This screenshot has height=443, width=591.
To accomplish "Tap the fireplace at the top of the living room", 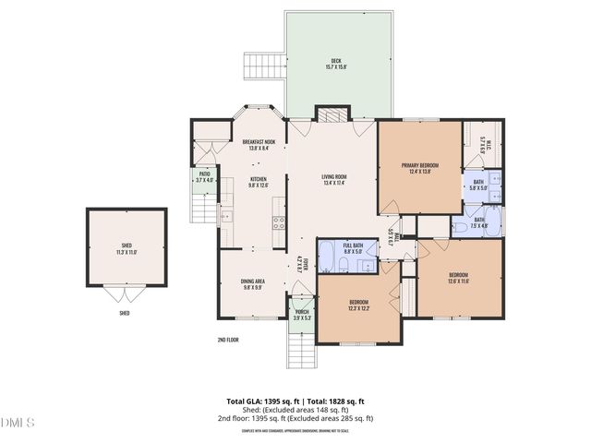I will click(333, 114).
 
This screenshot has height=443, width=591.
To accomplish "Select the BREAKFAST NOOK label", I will click(259, 142).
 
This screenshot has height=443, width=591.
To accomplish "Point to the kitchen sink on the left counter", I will click(226, 217).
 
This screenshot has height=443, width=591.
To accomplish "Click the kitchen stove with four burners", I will click(278, 221).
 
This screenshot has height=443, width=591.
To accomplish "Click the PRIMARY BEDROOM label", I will click(419, 165).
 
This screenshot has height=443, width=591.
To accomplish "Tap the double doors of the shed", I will click(124, 295).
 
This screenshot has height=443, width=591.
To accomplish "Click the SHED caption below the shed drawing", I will click(124, 313).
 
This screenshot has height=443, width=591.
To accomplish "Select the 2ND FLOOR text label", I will click(228, 340).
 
